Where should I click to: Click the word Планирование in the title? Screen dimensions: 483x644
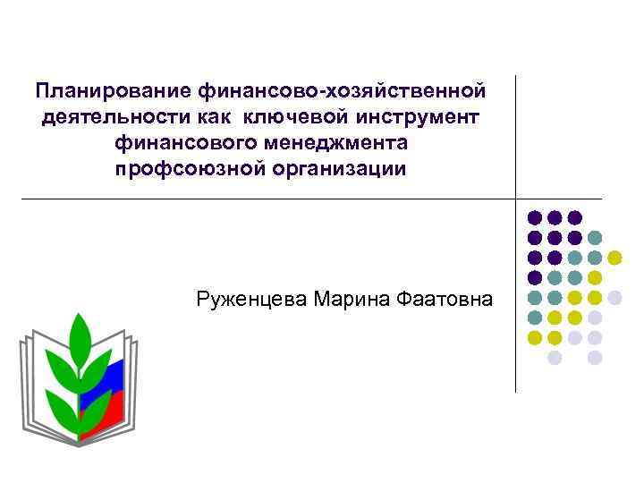tap(99, 90)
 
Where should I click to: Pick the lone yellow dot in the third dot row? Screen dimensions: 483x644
tap(614, 258)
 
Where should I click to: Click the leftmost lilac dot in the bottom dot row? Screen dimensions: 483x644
tap(555, 357)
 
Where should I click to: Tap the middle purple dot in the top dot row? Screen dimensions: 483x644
tap(555, 217)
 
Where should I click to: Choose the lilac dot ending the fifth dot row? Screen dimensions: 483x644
tap(614, 297)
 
